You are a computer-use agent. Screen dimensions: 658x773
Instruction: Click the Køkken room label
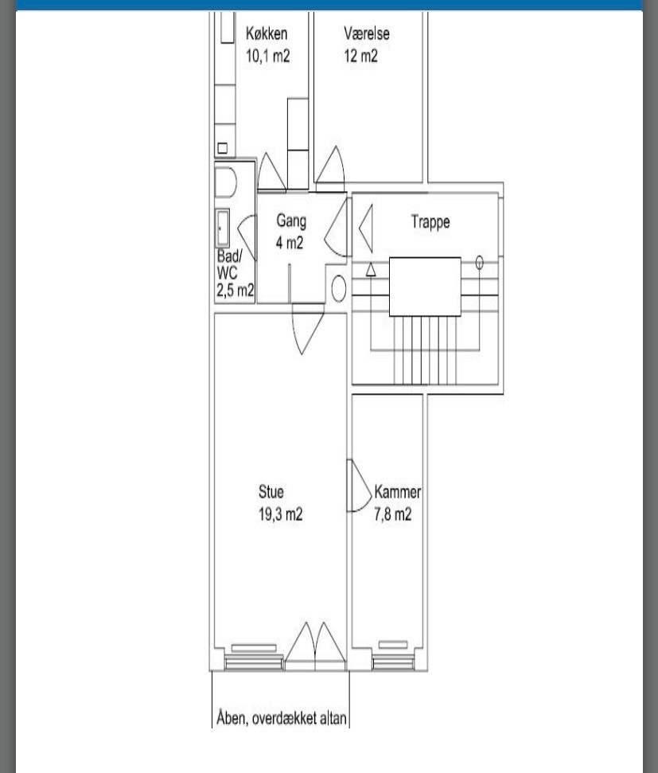tap(267, 33)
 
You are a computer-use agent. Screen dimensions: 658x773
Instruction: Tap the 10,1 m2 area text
tap(267, 56)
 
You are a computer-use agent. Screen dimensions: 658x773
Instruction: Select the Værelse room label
tap(367, 33)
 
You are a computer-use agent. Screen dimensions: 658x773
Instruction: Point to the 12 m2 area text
tap(360, 56)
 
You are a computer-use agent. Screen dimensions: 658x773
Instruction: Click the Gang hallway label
tap(291, 221)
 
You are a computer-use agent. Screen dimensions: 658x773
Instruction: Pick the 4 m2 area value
tap(290, 243)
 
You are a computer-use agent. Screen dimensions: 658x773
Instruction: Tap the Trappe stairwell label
tap(430, 222)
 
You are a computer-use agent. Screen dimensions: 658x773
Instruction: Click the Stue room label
tap(271, 491)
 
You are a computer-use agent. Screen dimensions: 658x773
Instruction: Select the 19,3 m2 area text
tap(280, 514)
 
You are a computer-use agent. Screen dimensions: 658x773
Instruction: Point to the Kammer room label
tap(398, 491)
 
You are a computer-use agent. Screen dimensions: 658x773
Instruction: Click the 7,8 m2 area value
tap(393, 514)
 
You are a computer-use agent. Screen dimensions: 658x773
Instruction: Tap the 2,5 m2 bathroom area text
tap(236, 290)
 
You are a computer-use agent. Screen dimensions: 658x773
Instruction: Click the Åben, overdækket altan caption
tap(282, 718)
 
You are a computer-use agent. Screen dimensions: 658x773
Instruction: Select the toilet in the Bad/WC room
tap(226, 183)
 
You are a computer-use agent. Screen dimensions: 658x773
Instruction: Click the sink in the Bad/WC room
tap(222, 228)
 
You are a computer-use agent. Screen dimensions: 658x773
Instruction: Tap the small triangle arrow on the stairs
tap(371, 270)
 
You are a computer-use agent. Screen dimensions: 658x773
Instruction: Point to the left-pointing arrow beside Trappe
tap(366, 228)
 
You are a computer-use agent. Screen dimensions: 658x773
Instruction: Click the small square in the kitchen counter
tap(222, 148)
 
